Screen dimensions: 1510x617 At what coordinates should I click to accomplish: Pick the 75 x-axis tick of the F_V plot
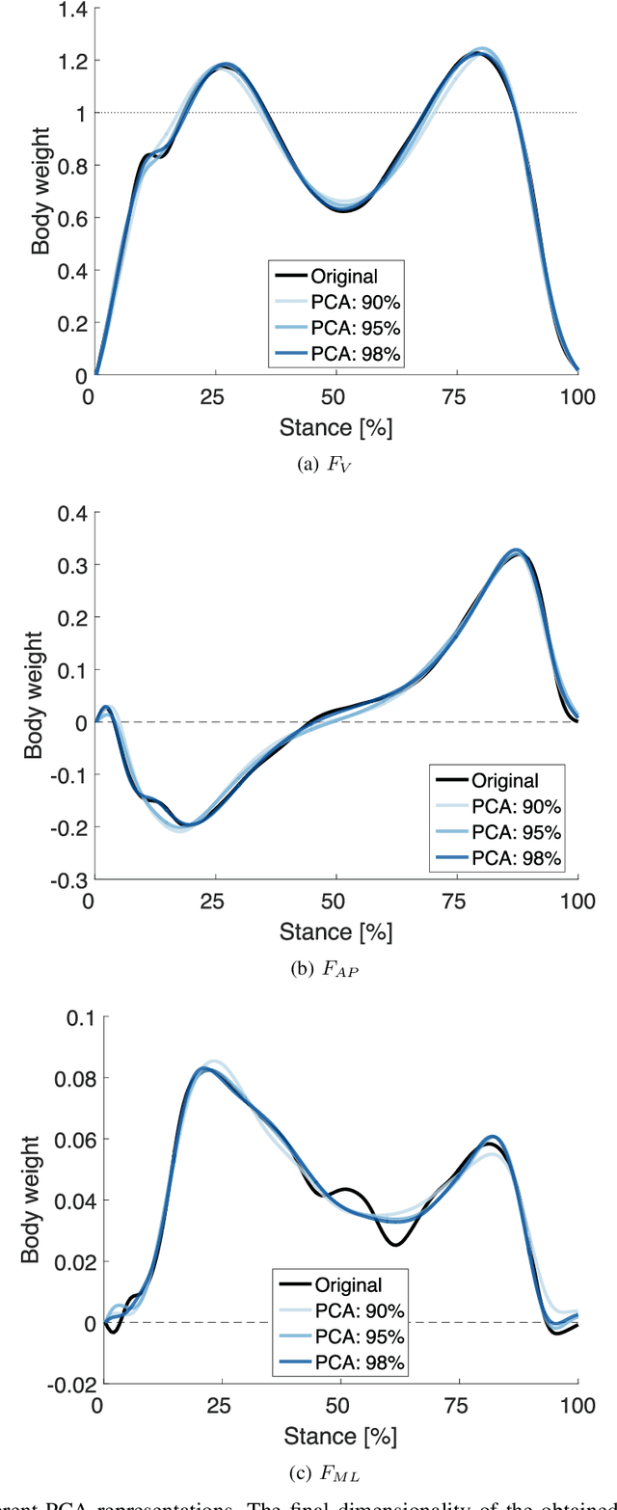click(x=457, y=396)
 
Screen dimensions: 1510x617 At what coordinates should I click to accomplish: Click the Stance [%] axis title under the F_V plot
click(x=335, y=426)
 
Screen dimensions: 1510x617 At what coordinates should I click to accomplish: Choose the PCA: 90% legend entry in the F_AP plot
click(x=511, y=806)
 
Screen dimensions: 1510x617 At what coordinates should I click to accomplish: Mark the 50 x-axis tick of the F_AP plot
click(x=335, y=901)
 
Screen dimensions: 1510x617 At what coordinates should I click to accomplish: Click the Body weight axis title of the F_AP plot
click(x=36, y=696)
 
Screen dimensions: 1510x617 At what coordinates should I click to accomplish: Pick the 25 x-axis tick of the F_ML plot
click(x=216, y=1405)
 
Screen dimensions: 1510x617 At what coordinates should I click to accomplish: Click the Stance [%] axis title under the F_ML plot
click(x=335, y=1436)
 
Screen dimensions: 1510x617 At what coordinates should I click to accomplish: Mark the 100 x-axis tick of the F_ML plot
click(x=577, y=1405)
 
